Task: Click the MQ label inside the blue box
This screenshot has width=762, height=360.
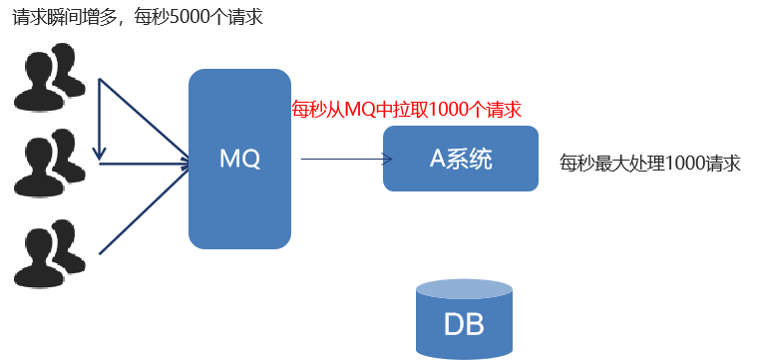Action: coord(239,159)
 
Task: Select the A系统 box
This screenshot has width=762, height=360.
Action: coord(461,159)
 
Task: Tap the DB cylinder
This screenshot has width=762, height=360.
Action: coord(465,319)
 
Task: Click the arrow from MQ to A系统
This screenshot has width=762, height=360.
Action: coord(344,159)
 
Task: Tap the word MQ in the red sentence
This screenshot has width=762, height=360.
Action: coord(359,109)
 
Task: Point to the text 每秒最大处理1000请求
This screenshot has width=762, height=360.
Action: coord(650,164)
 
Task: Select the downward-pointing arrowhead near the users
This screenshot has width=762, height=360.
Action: coord(99,154)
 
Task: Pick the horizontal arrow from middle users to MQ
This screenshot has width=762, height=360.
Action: coord(145,164)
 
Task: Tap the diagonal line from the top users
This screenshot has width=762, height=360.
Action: coord(145,118)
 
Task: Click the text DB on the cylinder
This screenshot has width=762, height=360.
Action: coord(465,326)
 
